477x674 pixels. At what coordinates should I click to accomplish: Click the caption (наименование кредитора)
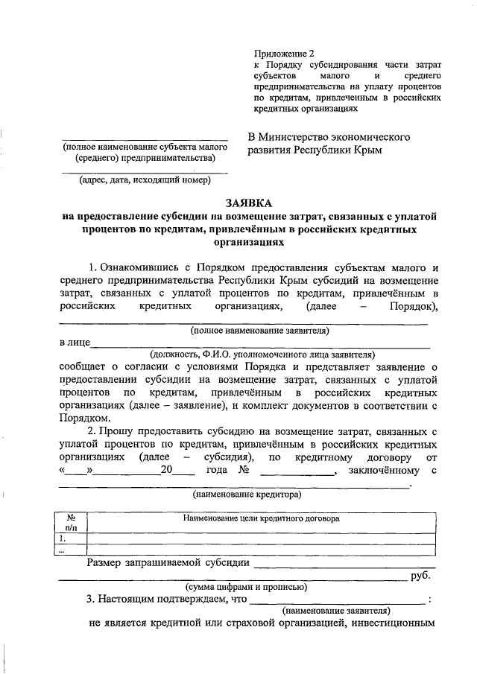(247, 494)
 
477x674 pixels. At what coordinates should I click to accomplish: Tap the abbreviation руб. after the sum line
(421, 576)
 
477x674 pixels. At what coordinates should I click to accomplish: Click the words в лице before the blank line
(74, 343)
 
